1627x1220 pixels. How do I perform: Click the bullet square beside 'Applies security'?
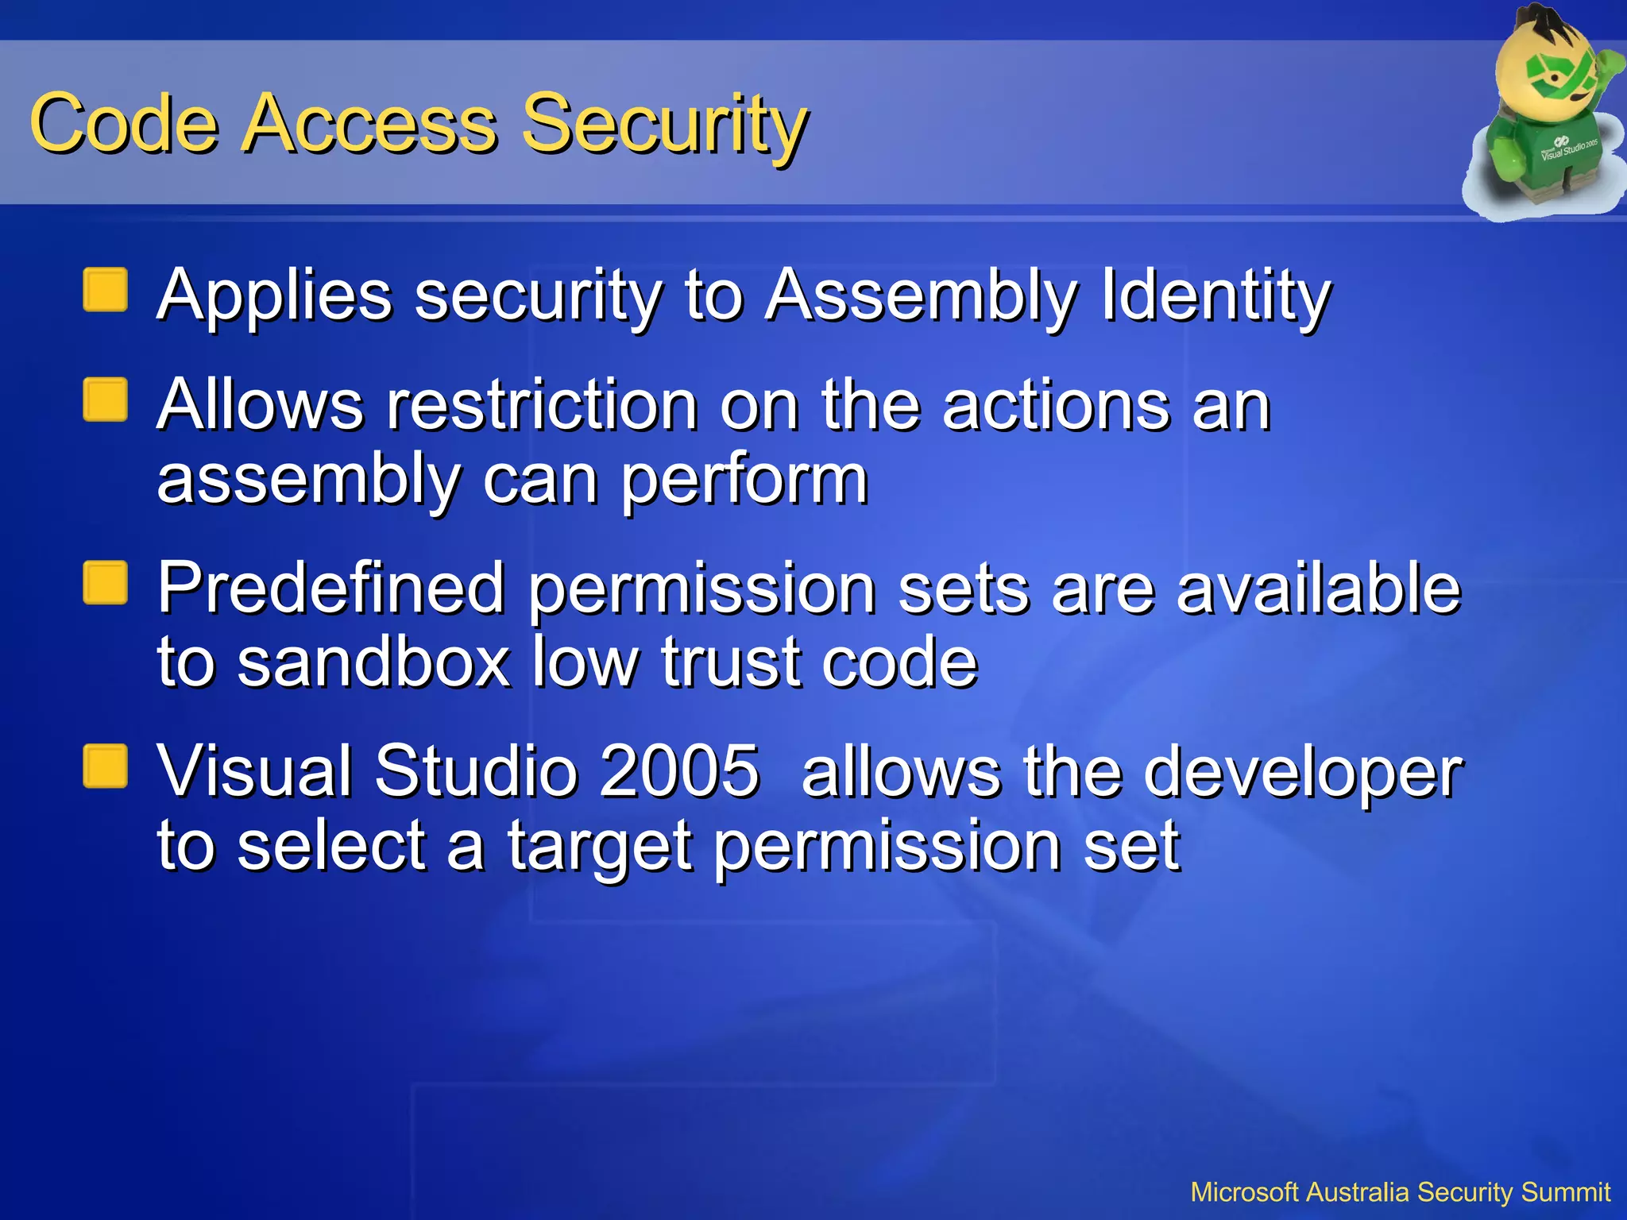coord(106,290)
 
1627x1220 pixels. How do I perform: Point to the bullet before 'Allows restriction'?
coord(106,400)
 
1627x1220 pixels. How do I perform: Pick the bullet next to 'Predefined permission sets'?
coord(106,583)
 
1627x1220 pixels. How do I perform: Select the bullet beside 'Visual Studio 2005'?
coord(106,766)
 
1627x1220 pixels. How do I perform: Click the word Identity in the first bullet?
coord(1215,295)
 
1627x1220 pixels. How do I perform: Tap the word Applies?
coord(274,295)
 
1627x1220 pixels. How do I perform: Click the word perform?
coord(744,481)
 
